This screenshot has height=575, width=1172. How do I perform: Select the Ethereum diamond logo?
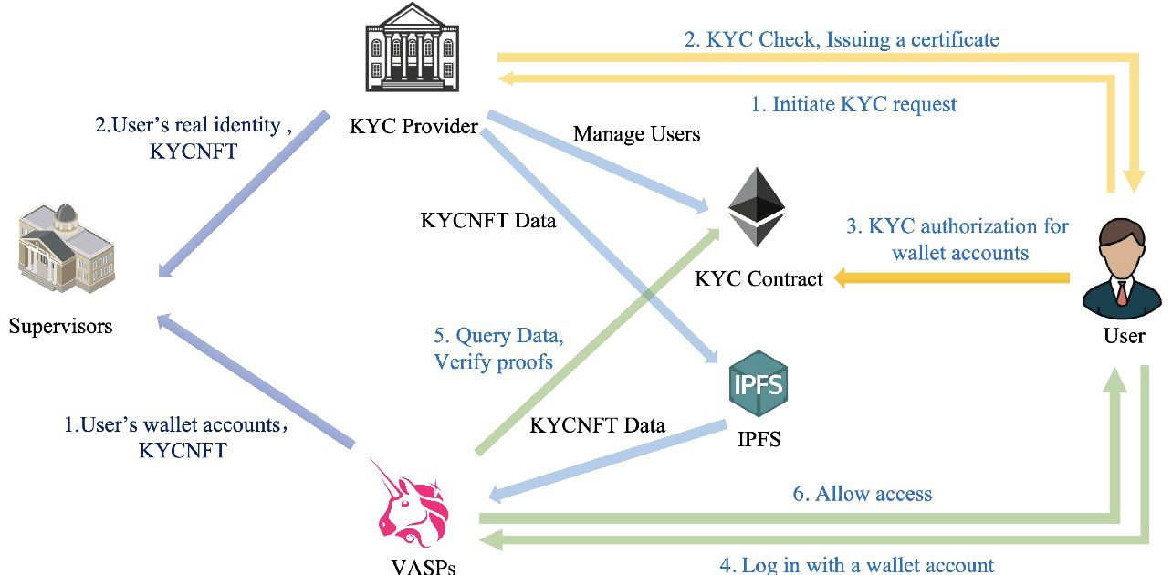[x=756, y=208]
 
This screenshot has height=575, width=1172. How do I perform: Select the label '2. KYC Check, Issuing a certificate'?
[x=841, y=39]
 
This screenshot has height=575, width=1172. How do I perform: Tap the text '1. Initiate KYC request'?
[x=853, y=105]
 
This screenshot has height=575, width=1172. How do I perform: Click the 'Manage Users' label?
[x=636, y=134]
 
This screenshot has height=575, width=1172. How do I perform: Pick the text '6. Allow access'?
[x=862, y=494]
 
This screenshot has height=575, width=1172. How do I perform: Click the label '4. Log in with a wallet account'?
[x=856, y=565]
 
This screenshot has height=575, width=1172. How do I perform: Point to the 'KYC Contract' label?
[x=759, y=278]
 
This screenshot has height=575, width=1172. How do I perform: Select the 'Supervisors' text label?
[x=61, y=325]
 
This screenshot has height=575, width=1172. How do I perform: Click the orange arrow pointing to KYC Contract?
[x=949, y=278]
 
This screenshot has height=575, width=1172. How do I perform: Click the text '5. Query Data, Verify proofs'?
[x=494, y=349]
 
